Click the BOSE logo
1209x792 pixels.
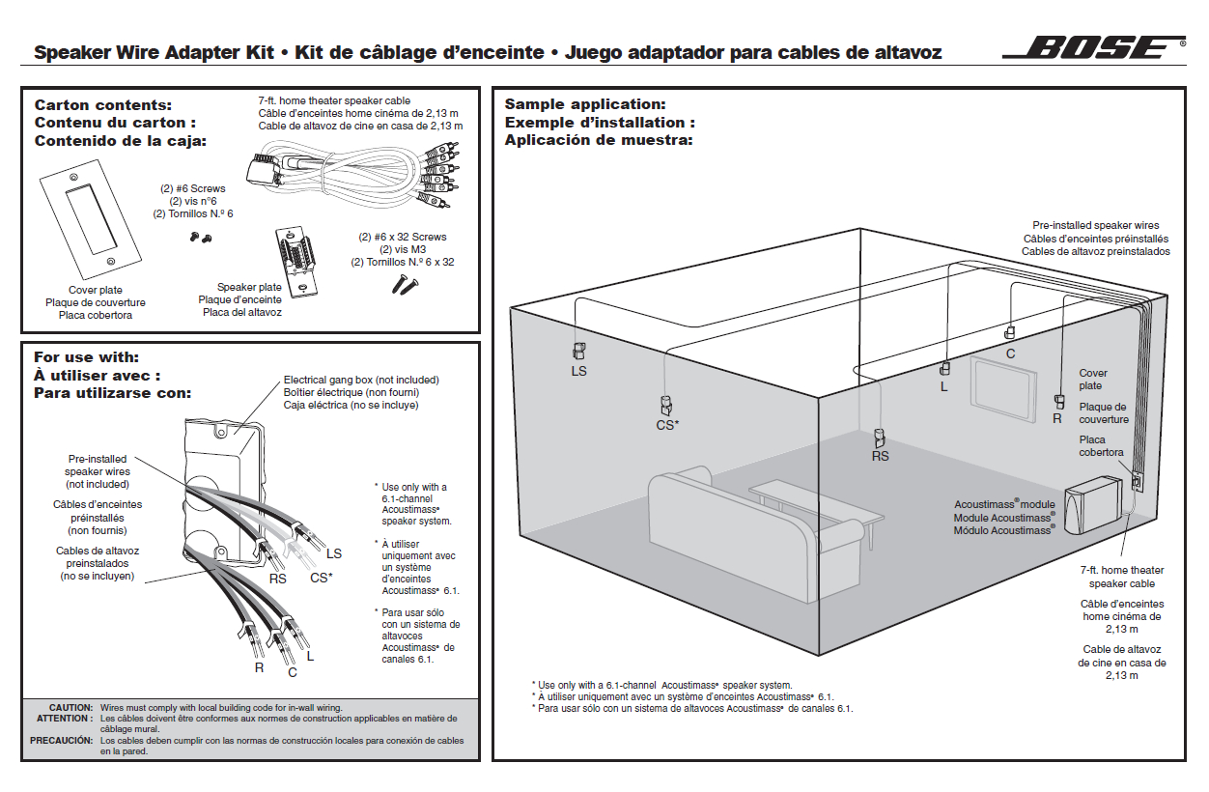tap(1094, 48)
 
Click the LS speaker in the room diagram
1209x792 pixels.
tap(579, 353)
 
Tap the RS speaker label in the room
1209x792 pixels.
tap(880, 456)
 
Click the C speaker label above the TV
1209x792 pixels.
tap(1010, 354)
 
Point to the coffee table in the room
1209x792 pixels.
tap(816, 502)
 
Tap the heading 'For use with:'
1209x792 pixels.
tap(87, 357)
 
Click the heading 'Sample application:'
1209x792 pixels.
tap(585, 104)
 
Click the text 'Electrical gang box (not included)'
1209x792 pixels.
tap(361, 380)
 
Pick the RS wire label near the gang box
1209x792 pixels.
tap(277, 579)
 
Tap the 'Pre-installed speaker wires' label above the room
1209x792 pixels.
tap(1096, 225)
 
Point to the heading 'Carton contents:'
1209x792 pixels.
tap(103, 104)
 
